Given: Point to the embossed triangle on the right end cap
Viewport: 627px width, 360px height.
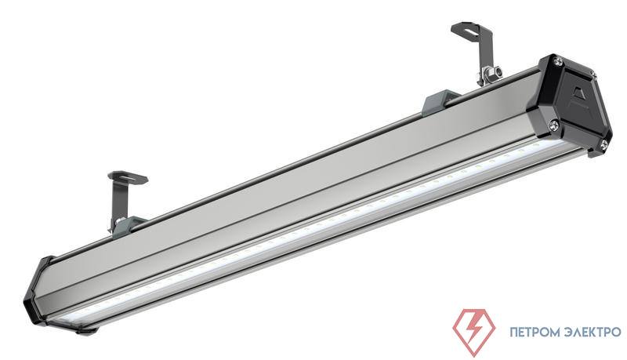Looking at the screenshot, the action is (577, 97).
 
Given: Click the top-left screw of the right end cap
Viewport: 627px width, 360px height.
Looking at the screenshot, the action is (558, 62).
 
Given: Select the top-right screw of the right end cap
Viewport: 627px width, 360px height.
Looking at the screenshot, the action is (594, 75).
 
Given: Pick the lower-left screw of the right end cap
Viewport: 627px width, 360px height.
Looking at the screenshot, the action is (554, 125).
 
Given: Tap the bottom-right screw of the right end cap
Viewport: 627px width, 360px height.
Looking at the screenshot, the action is (603, 143).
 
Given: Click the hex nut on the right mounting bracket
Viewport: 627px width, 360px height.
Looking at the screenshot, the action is (497, 72).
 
